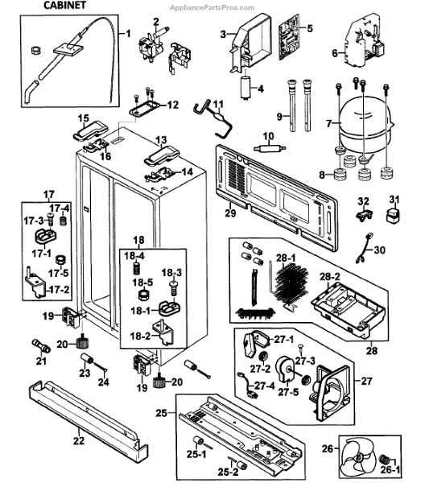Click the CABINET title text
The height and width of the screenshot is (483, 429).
click(64, 6)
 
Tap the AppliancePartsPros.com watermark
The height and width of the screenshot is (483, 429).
click(212, 8)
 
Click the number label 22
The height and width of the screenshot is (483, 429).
click(79, 440)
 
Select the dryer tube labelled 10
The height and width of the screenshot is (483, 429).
click(268, 148)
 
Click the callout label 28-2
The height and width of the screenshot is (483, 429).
click(329, 277)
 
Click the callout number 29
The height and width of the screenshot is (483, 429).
click(230, 213)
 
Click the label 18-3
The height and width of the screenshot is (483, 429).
click(171, 272)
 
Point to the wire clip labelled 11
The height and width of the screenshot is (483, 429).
click(212, 120)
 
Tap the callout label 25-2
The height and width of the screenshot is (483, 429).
click(229, 471)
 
